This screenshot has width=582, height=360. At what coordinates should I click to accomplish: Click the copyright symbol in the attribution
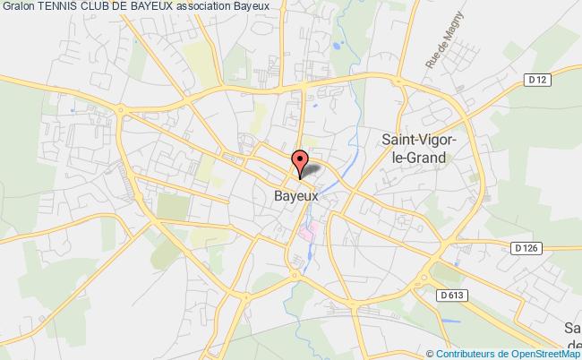point(432,353)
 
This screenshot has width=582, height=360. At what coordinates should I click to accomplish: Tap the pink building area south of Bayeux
point(307,234)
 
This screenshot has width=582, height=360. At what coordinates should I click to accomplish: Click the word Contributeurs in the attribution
point(463,353)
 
